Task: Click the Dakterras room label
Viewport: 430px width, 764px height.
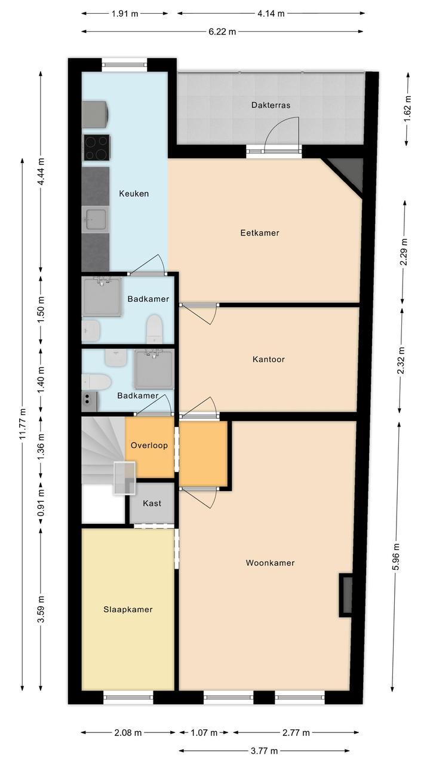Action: (x=271, y=105)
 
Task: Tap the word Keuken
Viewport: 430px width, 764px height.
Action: (x=134, y=194)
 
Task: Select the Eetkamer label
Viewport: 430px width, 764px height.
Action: (x=260, y=233)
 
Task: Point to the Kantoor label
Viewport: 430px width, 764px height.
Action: (x=269, y=359)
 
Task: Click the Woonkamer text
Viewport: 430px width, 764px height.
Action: (x=270, y=563)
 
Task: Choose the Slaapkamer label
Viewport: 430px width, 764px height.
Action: (x=128, y=609)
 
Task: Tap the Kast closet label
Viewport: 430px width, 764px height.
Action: (x=152, y=503)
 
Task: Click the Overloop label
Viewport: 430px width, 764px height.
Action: (x=149, y=446)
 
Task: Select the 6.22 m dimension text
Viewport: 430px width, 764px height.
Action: (x=222, y=32)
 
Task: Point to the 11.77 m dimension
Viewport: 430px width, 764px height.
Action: (x=23, y=424)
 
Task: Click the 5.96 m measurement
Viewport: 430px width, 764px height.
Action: (x=395, y=557)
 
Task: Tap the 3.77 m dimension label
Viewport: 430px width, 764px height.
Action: (x=265, y=751)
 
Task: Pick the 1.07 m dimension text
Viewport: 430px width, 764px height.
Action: (x=204, y=732)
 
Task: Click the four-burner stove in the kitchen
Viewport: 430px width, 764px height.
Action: (x=97, y=148)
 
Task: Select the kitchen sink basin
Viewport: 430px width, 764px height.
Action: (x=96, y=219)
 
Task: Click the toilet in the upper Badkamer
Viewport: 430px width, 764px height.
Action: (x=154, y=329)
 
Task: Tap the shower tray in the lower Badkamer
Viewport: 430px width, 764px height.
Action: (x=154, y=369)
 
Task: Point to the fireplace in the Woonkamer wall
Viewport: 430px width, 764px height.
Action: (x=345, y=595)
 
